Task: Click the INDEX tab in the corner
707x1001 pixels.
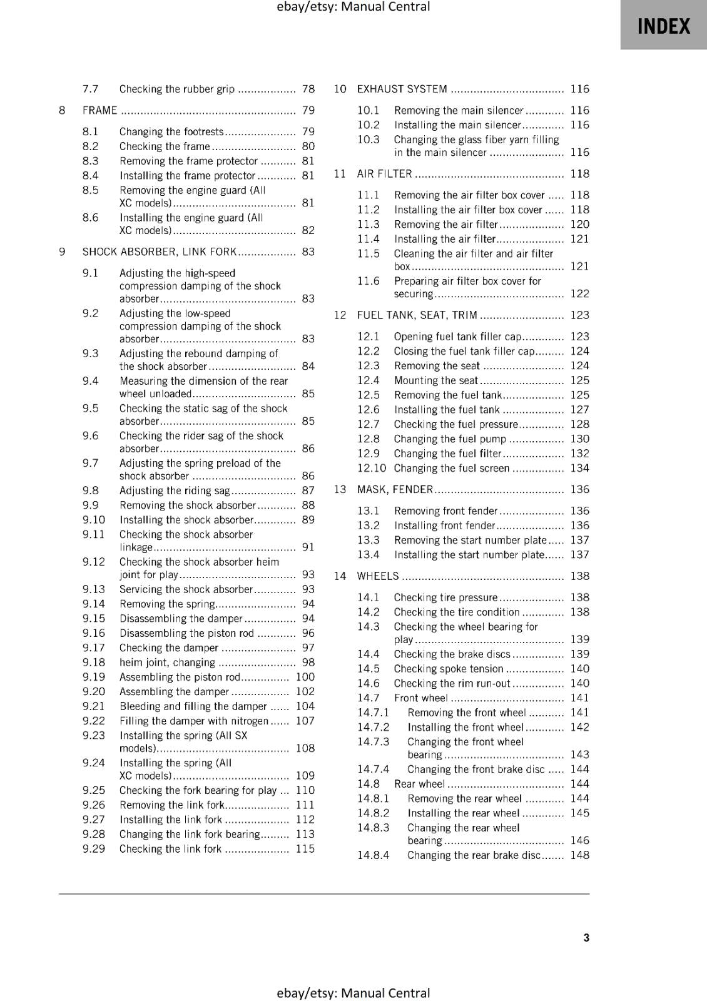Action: pyautogui.click(x=663, y=26)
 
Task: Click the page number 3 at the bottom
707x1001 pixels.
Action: pyautogui.click(x=586, y=937)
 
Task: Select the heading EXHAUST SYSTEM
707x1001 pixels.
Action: pyautogui.click(x=402, y=89)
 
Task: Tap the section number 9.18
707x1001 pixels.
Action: pyautogui.click(x=94, y=662)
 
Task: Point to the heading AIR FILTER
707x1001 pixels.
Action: pyautogui.click(x=384, y=173)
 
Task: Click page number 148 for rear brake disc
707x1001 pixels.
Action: pyautogui.click(x=579, y=855)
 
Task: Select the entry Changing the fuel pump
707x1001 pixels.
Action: pyautogui.click(x=450, y=439)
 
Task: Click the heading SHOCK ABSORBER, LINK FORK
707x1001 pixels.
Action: pyautogui.click(x=160, y=252)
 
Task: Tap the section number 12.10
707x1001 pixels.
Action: pyautogui.click(x=371, y=468)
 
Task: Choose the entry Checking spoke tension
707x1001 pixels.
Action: pyautogui.click(x=448, y=668)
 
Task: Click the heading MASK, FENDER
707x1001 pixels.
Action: pyautogui.click(x=395, y=489)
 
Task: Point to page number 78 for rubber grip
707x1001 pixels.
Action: pyautogui.click(x=308, y=89)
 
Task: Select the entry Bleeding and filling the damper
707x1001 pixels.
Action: pyautogui.click(x=193, y=706)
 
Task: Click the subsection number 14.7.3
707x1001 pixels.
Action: pyautogui.click(x=373, y=741)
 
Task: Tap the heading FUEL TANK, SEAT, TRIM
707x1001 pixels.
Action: pyautogui.click(x=417, y=315)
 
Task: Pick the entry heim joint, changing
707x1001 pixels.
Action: pyautogui.click(x=167, y=662)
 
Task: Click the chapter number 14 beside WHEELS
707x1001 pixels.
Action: pyautogui.click(x=340, y=576)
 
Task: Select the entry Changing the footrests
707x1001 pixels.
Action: pyautogui.click(x=171, y=131)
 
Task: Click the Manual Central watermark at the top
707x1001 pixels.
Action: pyautogui.click(x=353, y=7)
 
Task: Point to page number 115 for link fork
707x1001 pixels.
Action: pyautogui.click(x=305, y=848)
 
